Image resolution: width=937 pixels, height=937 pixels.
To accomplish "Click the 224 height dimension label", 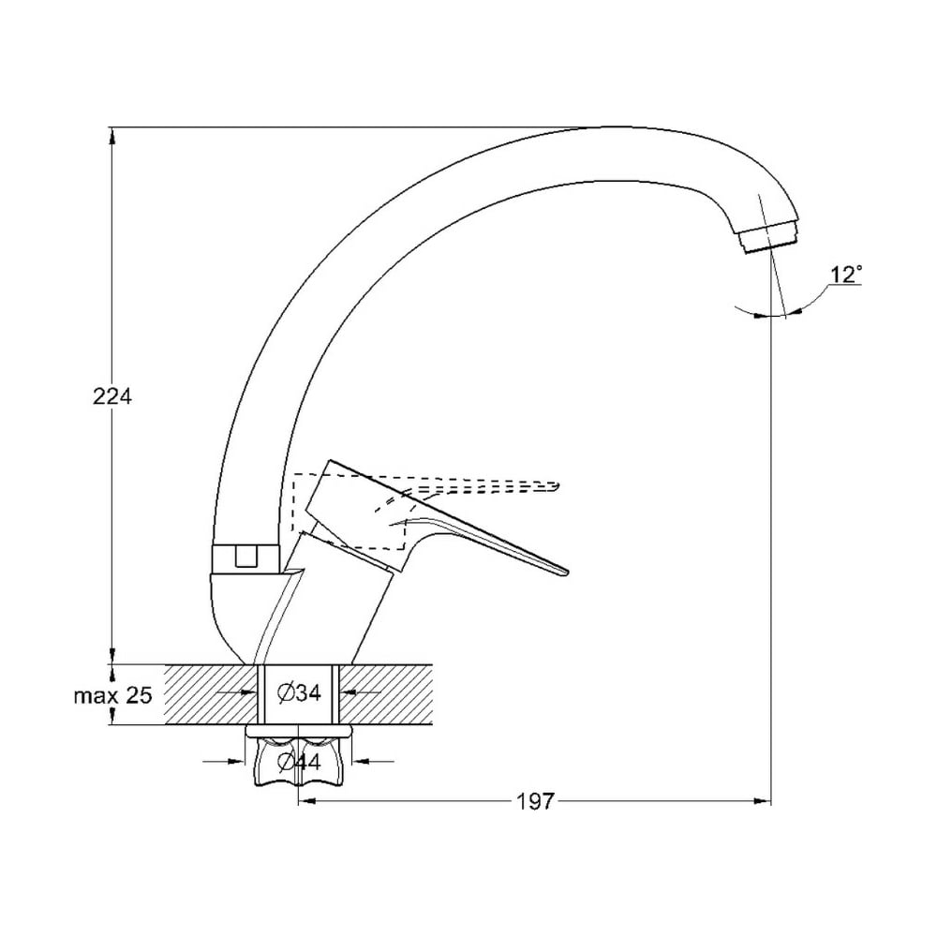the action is coord(112,396).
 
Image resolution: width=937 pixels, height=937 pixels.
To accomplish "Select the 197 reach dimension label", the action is coord(536,801).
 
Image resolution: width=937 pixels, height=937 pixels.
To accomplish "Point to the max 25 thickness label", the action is coord(113,695).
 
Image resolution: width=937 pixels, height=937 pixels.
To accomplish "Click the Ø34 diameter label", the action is coord(300,692).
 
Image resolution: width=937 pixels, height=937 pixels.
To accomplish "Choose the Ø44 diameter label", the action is coord(300,761).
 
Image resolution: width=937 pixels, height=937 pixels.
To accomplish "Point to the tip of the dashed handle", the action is coord(558,486).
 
